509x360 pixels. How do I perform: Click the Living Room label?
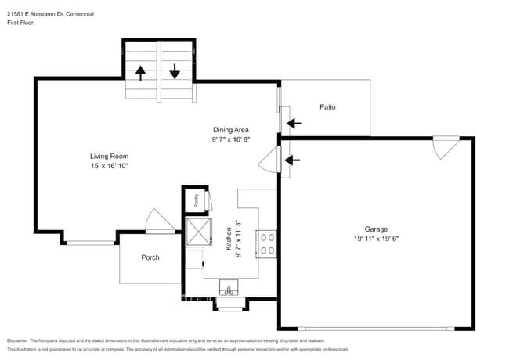coord(108,156)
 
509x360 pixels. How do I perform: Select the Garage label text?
coord(376,229)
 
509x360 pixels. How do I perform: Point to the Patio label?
coord(327,106)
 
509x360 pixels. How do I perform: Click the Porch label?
coord(150,257)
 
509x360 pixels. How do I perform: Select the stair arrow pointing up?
coord(141,73)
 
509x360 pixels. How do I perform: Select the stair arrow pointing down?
coord(175,73)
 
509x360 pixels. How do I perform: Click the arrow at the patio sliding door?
coord(294,123)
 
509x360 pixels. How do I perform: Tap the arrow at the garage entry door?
coord(293,160)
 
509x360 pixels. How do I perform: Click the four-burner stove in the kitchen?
coord(266,243)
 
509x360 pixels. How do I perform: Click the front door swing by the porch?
coord(160,221)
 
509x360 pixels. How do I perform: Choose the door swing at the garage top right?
coord(446,146)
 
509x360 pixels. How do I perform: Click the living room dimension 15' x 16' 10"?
coord(108,166)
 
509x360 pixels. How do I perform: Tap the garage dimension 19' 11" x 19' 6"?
coord(376,239)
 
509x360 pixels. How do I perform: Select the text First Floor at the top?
coord(20,23)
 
